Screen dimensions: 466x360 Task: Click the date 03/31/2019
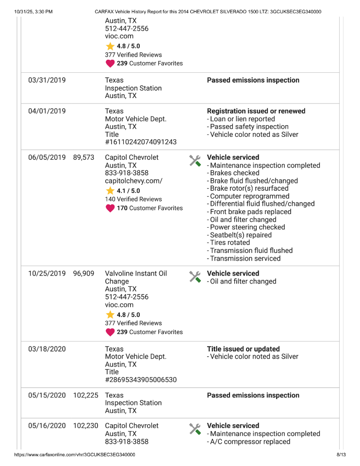pos(47,80)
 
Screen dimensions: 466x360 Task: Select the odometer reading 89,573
pos(83,157)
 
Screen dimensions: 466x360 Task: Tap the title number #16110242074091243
pos(141,142)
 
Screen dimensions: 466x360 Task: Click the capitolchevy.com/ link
pos(133,181)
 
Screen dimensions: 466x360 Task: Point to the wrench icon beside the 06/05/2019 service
pos(195,161)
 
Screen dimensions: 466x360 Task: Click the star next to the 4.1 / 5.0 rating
pos(110,191)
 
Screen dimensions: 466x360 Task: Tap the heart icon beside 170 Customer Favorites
pos(110,208)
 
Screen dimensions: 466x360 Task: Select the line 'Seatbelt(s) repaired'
pos(241,235)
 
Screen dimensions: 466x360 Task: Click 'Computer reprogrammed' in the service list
pos(249,196)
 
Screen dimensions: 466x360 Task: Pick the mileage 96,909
pos(83,273)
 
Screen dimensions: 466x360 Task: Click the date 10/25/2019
pos(47,273)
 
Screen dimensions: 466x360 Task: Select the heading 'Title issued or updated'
pos(243,349)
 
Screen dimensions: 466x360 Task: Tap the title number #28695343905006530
pos(141,380)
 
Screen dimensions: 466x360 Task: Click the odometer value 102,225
pos(85,395)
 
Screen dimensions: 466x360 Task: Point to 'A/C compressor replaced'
pos(250,442)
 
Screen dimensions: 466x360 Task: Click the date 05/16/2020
pos(47,426)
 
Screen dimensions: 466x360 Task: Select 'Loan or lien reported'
pos(242,119)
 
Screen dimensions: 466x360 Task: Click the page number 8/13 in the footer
pos(341,455)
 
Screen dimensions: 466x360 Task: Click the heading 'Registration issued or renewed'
pos(256,111)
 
